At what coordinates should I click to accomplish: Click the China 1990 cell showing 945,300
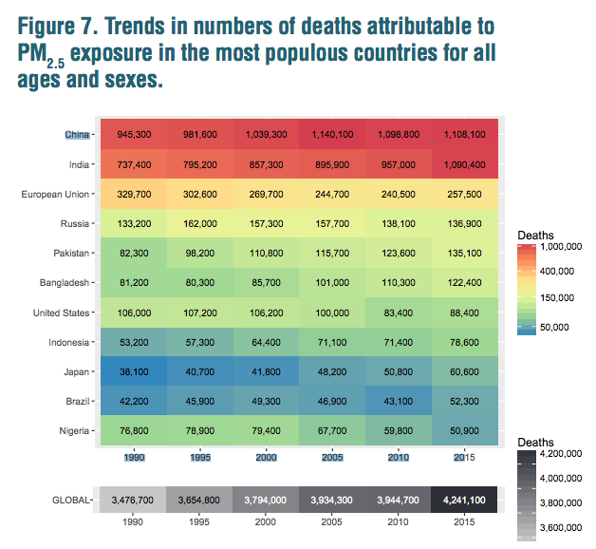[x=134, y=135]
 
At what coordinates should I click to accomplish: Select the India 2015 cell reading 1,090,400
[x=466, y=164]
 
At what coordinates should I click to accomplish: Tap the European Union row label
[x=56, y=194]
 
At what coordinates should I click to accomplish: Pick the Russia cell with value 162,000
[x=200, y=223]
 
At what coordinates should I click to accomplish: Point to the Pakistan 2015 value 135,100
[x=466, y=253]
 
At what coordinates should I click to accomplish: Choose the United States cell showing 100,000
[x=333, y=312]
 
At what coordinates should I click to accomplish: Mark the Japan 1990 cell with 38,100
[x=134, y=371]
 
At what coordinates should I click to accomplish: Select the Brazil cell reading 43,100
[x=400, y=401]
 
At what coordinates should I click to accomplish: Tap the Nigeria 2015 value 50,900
[x=466, y=430]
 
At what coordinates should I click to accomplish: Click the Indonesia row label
[x=66, y=342]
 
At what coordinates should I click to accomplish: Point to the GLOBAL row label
[x=69, y=499]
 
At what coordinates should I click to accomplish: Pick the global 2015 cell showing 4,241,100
[x=466, y=499]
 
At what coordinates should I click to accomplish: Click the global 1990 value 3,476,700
[x=134, y=499]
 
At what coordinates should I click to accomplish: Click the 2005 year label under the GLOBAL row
[x=333, y=521]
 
